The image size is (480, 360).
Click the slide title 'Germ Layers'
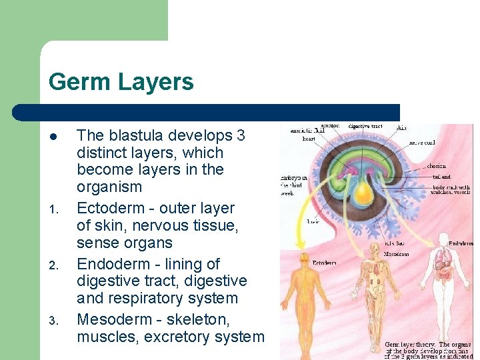tap(121, 82)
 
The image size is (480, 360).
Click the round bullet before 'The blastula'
tap(54, 137)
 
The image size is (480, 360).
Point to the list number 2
tap(54, 266)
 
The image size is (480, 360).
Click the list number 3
tap(54, 322)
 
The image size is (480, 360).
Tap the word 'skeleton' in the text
tap(195, 320)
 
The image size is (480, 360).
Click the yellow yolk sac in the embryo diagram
tap(363, 193)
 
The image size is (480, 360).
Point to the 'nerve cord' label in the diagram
tap(421, 142)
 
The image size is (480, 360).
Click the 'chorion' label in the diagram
tap(437, 166)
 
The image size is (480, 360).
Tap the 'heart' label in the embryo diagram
tap(308, 139)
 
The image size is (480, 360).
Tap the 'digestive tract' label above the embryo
tap(365, 125)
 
